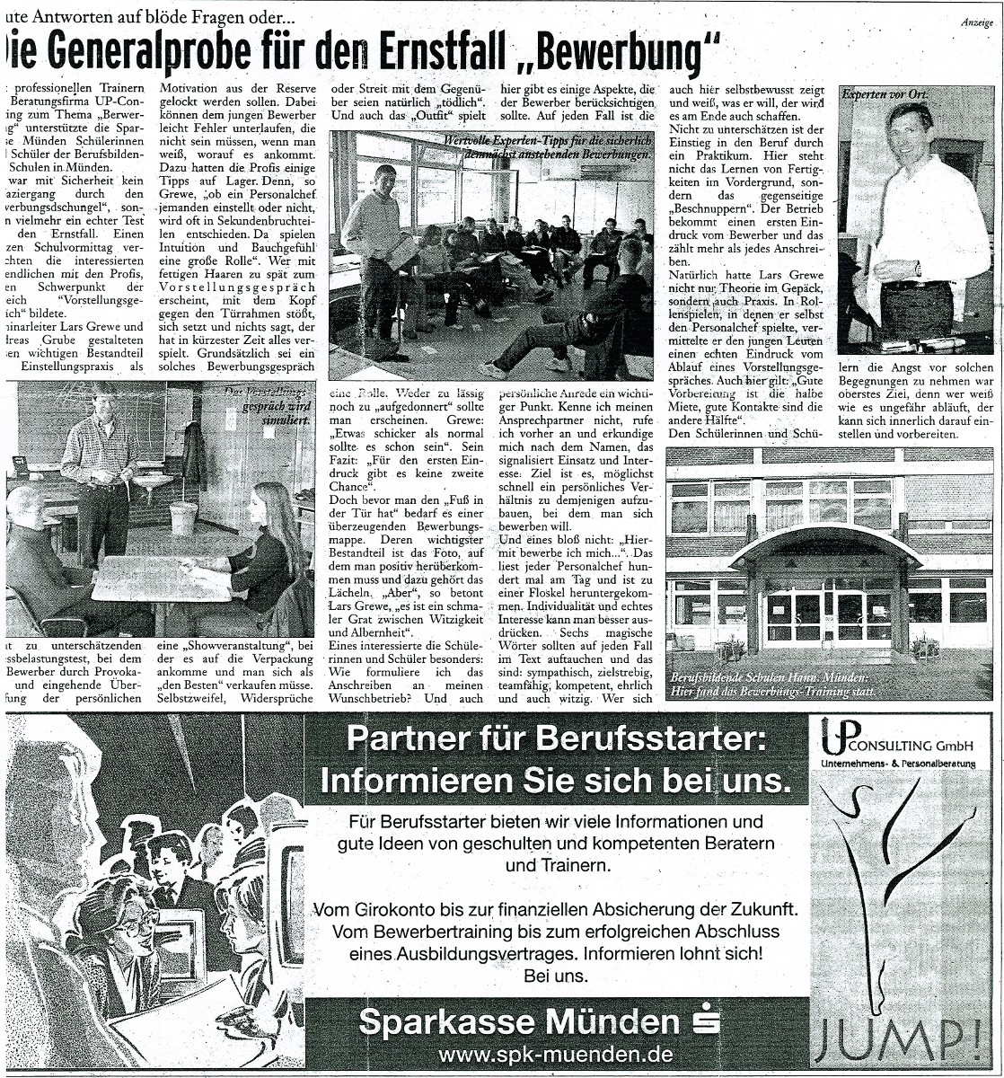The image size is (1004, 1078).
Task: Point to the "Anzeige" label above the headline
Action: coord(977,23)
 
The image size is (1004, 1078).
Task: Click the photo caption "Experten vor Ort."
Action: coord(884,93)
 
